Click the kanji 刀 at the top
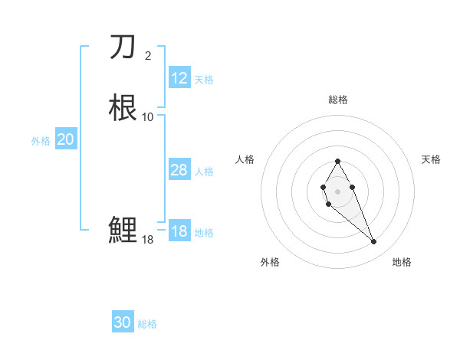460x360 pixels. click(123, 47)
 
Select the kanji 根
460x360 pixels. click(123, 107)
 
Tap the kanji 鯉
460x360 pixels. click(123, 230)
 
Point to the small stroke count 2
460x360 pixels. click(147, 55)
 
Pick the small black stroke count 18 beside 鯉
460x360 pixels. click(147, 240)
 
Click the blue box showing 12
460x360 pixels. click(179, 78)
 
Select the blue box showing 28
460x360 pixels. click(179, 170)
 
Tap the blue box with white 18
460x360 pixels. click(179, 231)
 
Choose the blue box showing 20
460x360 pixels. click(66, 139)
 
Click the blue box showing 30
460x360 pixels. click(123, 322)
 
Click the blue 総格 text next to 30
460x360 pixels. click(147, 324)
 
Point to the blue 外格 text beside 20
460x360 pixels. click(41, 141)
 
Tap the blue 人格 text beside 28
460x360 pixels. click(205, 172)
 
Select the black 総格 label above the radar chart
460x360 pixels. click(337, 100)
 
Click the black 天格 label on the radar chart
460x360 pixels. click(431, 159)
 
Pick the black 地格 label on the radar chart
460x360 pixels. click(402, 262)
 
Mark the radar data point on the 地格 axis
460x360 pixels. click(373, 242)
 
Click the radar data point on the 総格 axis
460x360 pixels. click(337, 161)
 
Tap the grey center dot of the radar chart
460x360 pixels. click(337, 191)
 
